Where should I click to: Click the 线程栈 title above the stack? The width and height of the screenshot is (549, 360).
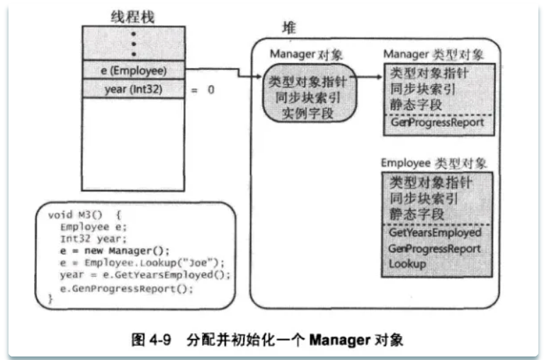point(132,17)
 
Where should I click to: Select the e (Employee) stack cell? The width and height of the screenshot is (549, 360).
point(133,70)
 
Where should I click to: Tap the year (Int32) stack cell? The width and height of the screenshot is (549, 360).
point(133,89)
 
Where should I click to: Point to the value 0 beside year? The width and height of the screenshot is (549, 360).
point(211,90)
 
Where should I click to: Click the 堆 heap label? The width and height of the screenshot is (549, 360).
point(289,28)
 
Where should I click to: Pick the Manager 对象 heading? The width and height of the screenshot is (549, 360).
point(306,55)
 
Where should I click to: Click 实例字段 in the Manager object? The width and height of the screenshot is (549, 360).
point(307,113)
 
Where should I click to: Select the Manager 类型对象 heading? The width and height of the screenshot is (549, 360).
point(434,55)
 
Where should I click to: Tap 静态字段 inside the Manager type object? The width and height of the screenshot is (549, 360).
point(416,104)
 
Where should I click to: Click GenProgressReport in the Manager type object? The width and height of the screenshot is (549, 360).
point(437,122)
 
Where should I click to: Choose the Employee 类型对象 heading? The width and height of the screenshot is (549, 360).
point(434,163)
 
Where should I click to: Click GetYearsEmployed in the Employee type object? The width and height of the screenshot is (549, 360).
point(435,232)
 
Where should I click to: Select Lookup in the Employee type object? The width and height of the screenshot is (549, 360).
point(407,264)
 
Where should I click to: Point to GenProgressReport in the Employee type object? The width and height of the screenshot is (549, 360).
point(434,248)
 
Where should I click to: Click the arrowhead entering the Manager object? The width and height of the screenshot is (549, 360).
point(259,77)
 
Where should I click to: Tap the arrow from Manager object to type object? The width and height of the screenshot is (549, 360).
point(368,77)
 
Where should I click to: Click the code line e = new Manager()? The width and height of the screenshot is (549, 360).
point(115,251)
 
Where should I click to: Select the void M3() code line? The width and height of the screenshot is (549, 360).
point(84,215)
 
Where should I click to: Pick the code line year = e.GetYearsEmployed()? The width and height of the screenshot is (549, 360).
point(145,275)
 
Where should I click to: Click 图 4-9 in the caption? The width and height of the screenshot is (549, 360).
point(152,339)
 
